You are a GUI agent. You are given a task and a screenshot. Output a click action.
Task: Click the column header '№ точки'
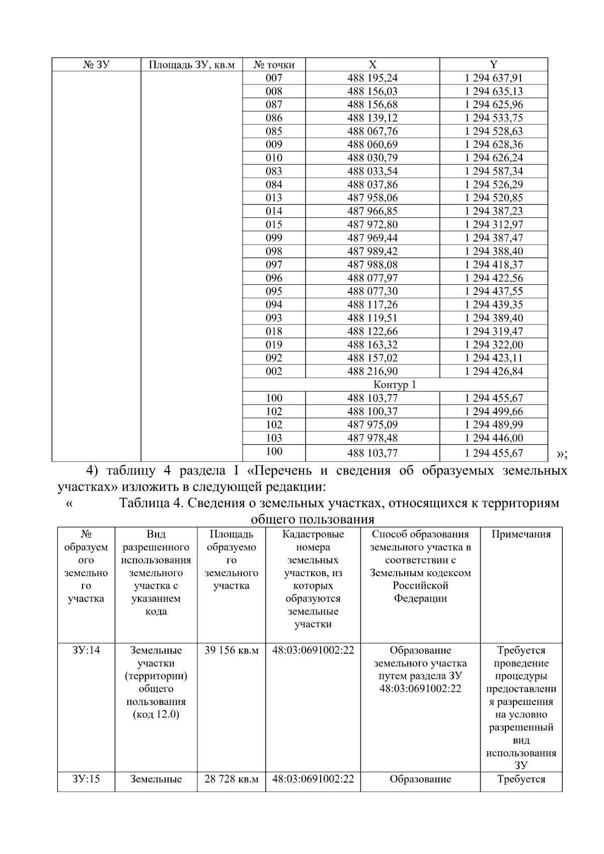click(x=273, y=64)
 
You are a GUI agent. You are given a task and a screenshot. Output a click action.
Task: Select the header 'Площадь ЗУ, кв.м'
click(x=191, y=64)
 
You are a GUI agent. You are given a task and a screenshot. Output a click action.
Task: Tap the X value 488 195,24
click(x=372, y=78)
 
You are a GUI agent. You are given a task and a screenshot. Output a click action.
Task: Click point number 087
click(x=274, y=105)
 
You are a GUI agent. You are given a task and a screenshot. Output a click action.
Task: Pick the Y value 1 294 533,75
click(x=493, y=118)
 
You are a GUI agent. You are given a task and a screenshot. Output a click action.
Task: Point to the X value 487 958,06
click(x=372, y=198)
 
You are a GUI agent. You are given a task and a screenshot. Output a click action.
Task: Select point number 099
click(x=274, y=238)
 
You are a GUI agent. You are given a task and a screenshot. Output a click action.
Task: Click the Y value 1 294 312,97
click(x=493, y=224)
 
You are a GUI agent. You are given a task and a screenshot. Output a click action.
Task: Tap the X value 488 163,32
click(x=372, y=345)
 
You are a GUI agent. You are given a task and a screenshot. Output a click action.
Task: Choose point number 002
click(x=274, y=371)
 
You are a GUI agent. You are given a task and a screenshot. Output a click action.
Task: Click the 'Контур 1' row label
click(x=395, y=385)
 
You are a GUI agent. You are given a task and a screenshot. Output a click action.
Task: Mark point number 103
click(x=274, y=438)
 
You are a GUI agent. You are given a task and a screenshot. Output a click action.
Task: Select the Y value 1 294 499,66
click(x=493, y=411)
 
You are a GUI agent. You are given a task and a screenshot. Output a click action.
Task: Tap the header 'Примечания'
click(x=521, y=534)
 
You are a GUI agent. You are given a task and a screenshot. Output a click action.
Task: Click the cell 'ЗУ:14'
click(x=86, y=650)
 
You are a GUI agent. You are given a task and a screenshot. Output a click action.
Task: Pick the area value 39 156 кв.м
click(x=231, y=650)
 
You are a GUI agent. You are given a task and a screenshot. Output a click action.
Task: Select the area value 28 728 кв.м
click(x=231, y=779)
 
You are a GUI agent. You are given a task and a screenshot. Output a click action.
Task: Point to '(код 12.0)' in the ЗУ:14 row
click(x=156, y=715)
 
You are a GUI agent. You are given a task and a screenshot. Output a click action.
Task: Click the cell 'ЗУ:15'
click(x=86, y=779)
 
